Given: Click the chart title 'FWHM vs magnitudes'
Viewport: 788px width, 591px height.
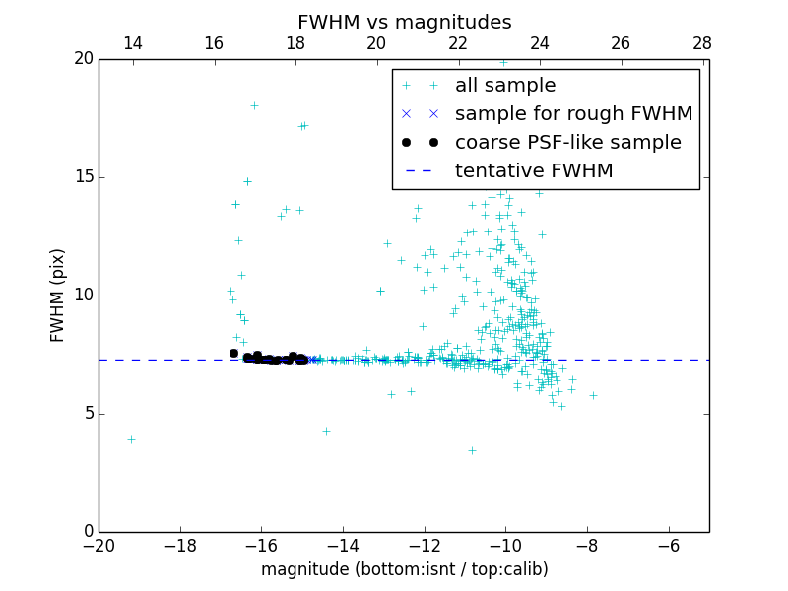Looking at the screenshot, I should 404,22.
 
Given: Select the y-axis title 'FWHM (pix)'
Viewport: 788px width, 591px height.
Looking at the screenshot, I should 58,295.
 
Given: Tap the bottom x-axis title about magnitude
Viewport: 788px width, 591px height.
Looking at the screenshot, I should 404,569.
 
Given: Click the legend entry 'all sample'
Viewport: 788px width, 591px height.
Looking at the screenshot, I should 504,86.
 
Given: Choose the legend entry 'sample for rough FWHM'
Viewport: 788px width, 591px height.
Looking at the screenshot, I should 573,114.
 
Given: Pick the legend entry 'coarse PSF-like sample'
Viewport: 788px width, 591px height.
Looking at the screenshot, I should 567,143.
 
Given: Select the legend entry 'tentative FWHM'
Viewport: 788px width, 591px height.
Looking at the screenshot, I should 533,171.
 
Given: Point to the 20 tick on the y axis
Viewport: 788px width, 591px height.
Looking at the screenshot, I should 83,59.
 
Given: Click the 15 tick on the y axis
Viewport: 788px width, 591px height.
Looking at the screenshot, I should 83,177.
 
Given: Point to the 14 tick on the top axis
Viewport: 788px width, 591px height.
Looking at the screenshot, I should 132,43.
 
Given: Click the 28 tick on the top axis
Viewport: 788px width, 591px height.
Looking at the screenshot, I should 702,43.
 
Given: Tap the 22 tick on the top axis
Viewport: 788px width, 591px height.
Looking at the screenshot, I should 458,43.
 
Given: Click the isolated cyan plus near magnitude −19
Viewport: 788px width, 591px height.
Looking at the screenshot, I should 131,439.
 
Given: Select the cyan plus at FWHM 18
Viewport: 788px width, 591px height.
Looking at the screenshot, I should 254,105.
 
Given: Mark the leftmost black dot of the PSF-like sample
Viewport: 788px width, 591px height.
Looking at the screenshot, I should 233,353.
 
